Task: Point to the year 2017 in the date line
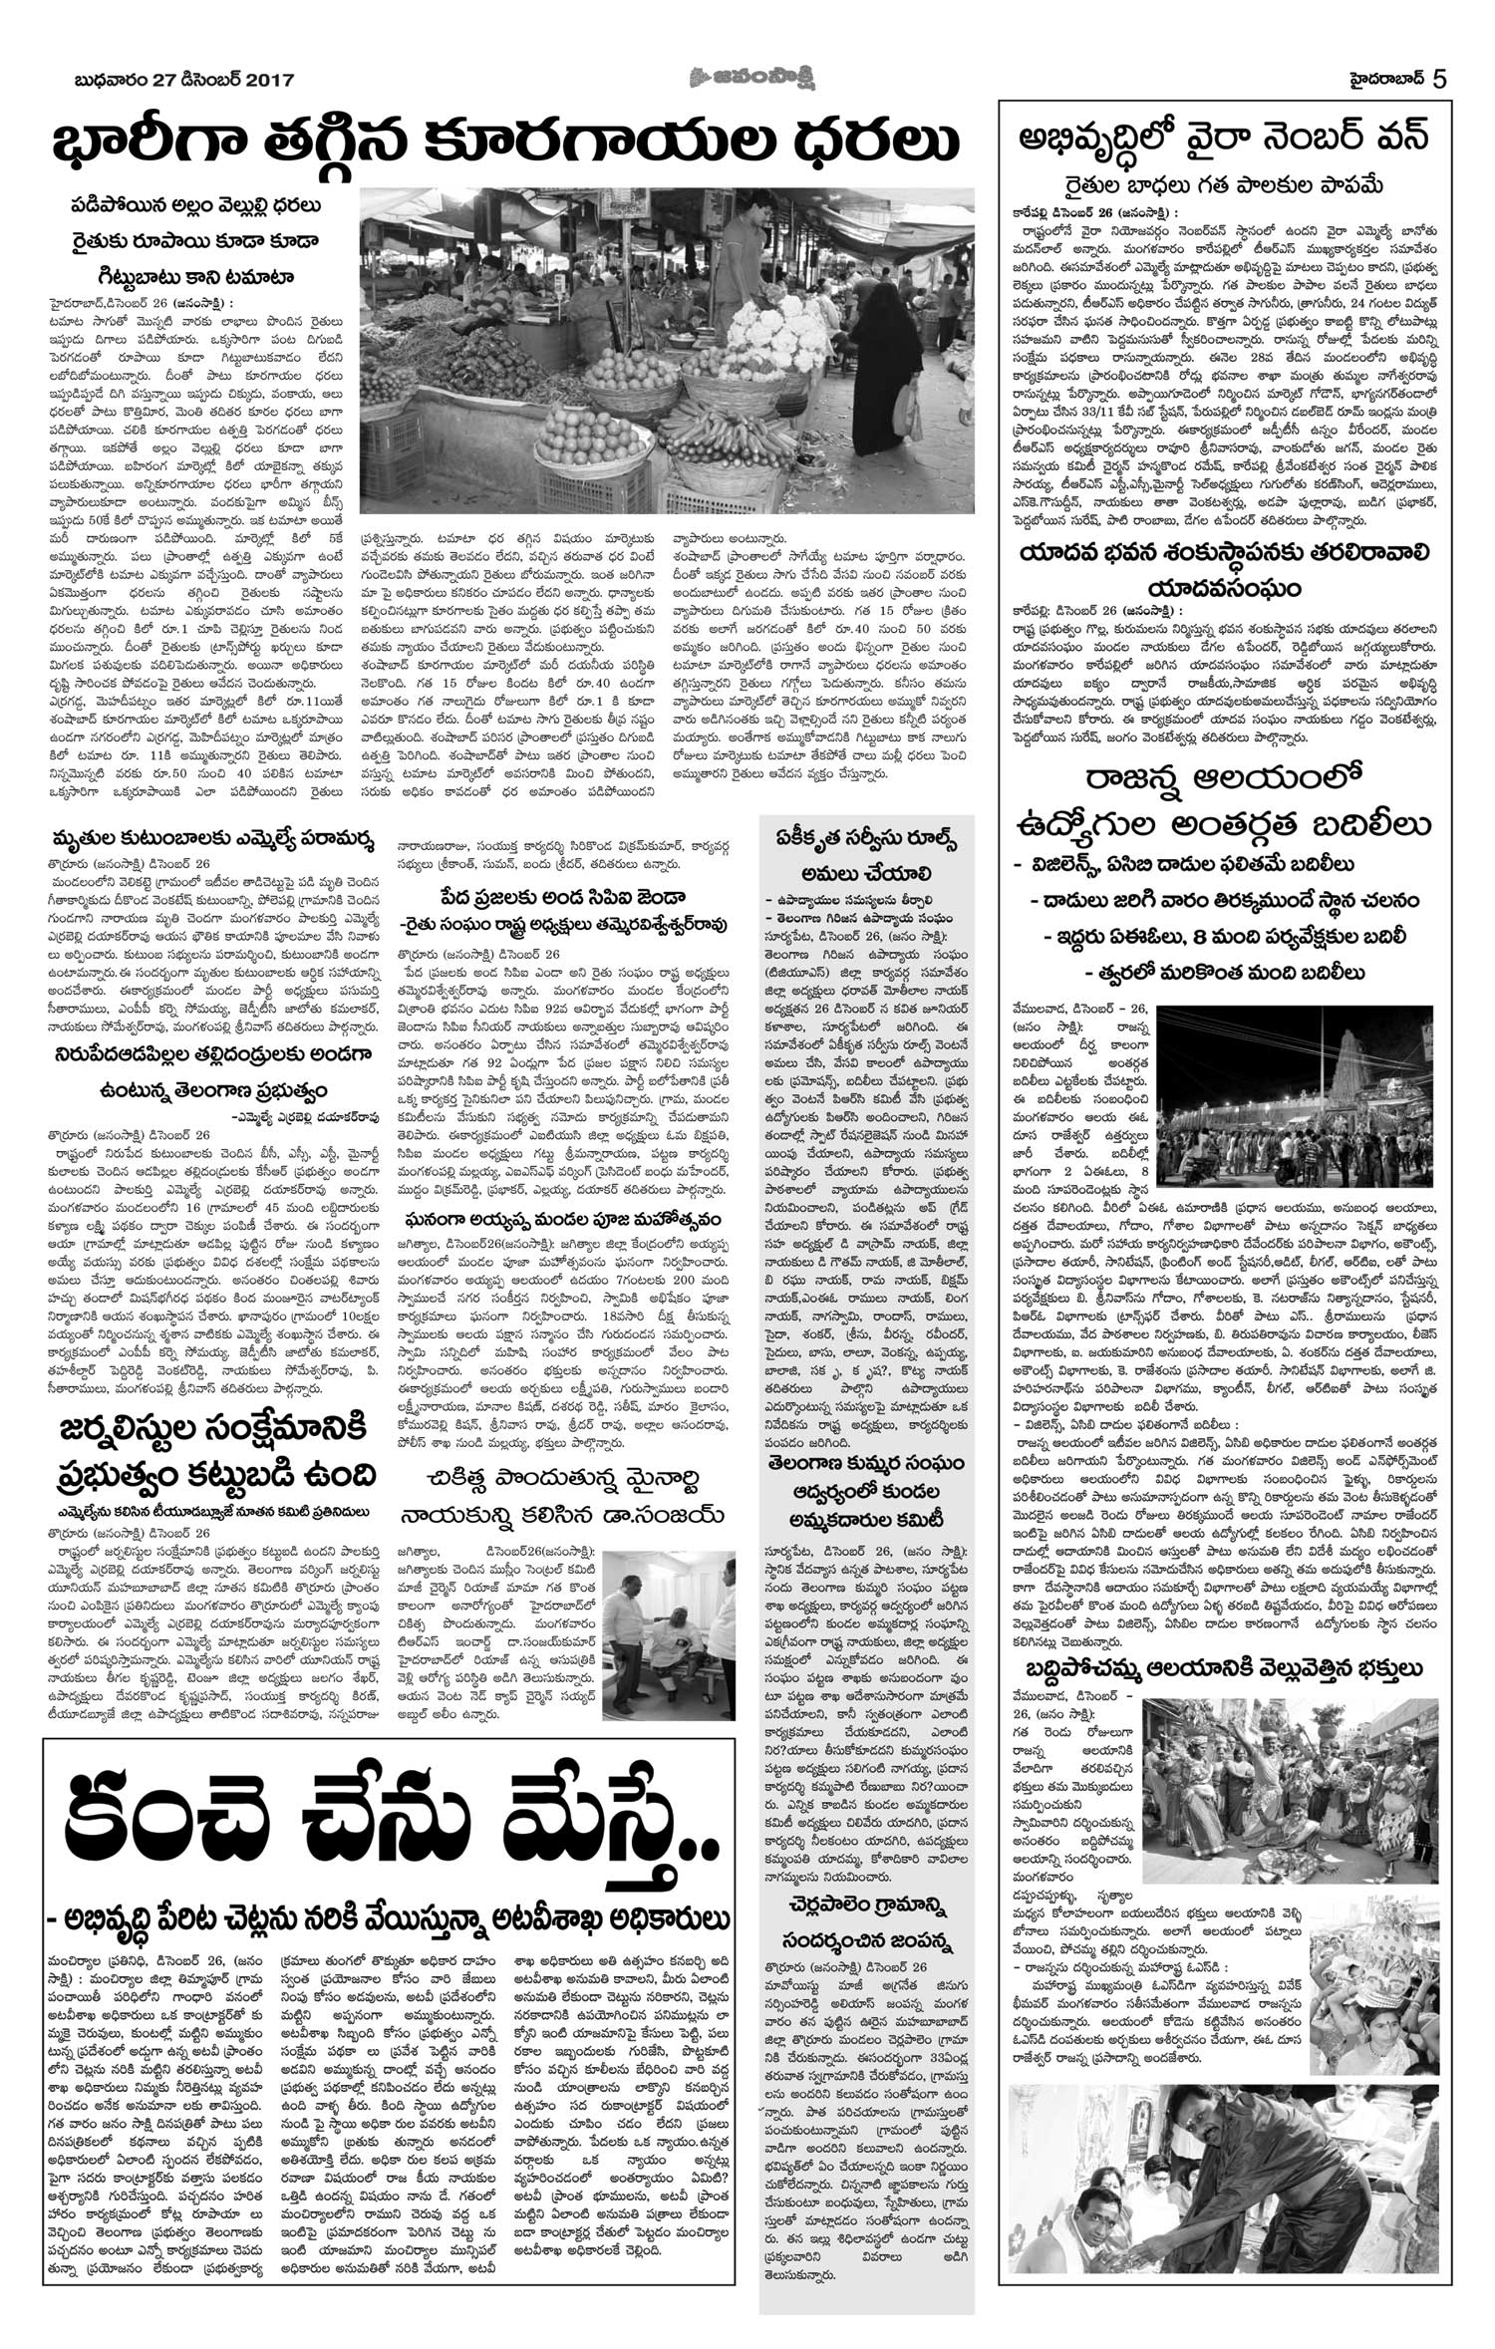[x=261, y=81]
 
